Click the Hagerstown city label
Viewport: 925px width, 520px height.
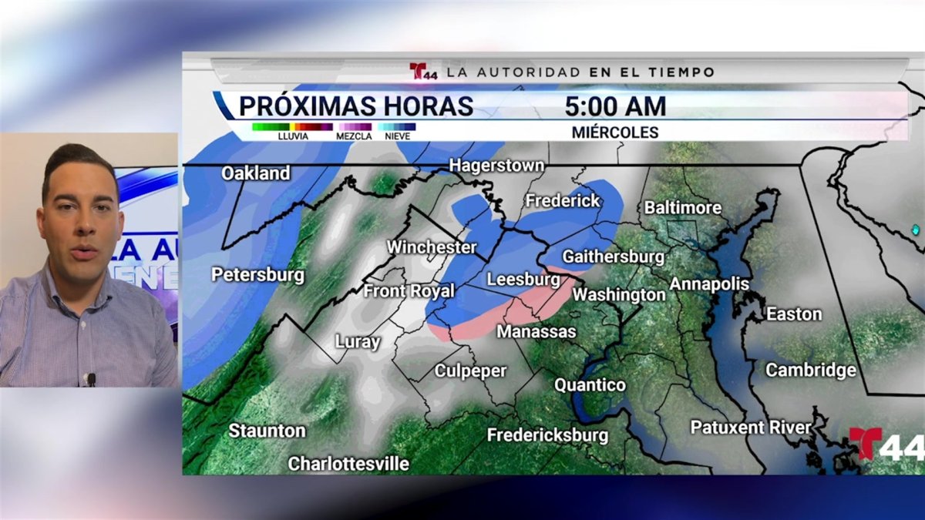(496, 166)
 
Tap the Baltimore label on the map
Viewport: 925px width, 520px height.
(682, 208)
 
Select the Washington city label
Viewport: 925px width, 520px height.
(619, 294)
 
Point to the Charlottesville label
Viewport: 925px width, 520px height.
(348, 464)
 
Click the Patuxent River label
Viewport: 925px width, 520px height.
(750, 428)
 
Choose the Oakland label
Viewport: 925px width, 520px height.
(256, 173)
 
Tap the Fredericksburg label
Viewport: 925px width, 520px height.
(547, 435)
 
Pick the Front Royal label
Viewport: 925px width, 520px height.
(409, 291)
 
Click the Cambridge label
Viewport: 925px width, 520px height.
(810, 371)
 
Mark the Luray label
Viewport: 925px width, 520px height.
(358, 342)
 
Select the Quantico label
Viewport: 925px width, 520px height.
(590, 385)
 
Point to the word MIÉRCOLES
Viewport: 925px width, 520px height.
(615, 133)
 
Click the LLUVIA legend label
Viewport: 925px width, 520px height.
(293, 136)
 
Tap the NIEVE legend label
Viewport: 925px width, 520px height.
(398, 136)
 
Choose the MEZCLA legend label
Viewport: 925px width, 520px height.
(354, 136)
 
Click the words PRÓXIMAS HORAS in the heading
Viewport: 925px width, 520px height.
(355, 106)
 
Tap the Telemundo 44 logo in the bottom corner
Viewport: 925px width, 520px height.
(886, 445)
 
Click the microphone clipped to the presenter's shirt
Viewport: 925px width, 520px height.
(91, 379)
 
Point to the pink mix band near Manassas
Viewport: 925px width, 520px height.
(493, 316)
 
